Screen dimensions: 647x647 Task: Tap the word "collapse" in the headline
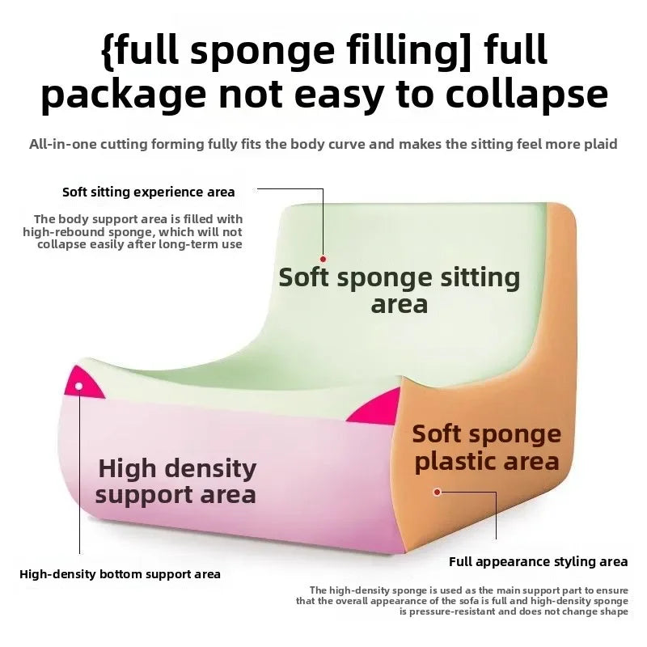click(x=522, y=95)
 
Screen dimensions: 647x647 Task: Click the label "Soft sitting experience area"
click(x=149, y=192)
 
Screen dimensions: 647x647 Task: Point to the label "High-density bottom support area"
click(x=120, y=574)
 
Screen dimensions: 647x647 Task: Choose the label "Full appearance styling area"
click(x=539, y=561)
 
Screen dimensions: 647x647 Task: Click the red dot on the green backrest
click(x=323, y=258)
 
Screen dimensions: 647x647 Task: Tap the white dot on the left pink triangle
click(x=78, y=387)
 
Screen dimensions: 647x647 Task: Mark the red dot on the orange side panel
click(x=438, y=491)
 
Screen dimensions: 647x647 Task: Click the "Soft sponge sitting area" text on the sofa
click(x=400, y=290)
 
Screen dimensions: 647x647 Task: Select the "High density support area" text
click(x=176, y=480)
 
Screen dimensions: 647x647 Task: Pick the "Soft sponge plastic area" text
click(x=486, y=447)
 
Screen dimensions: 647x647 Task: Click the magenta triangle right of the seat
click(x=378, y=407)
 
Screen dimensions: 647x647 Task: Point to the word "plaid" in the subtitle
click(x=599, y=145)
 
